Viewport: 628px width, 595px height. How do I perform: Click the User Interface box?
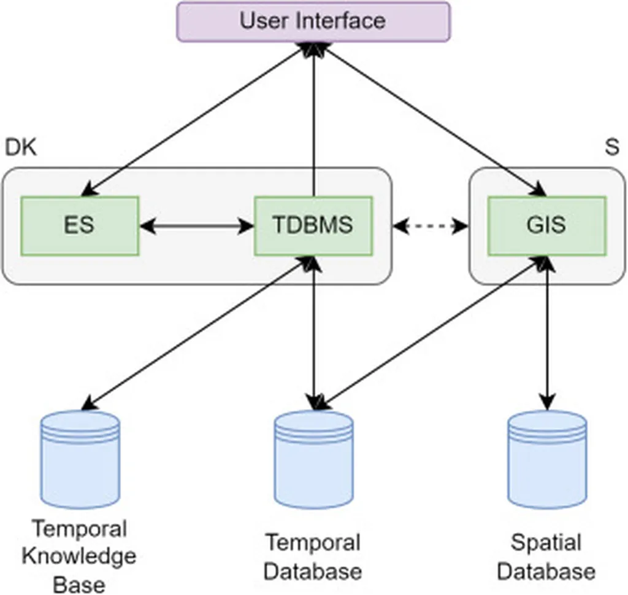click(x=313, y=21)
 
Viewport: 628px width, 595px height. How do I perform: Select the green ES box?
click(x=80, y=225)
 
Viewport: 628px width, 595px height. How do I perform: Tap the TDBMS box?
click(x=313, y=225)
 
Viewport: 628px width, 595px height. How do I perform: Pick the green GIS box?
click(x=546, y=225)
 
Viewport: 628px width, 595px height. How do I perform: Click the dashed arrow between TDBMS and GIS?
click(x=430, y=227)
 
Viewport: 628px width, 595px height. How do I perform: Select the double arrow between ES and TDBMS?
click(x=197, y=227)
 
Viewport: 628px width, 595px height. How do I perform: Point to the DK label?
click(x=21, y=148)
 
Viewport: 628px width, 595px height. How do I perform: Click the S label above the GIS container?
click(x=611, y=148)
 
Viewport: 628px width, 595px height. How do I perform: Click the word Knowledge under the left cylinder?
click(x=79, y=556)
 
